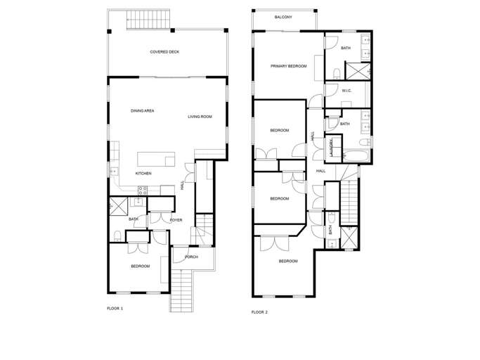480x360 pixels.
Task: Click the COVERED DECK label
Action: point(164,52)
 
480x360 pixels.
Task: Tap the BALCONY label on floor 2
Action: point(283,17)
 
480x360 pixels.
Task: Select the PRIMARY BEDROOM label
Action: point(288,66)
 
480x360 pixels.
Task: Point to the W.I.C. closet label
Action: point(346,91)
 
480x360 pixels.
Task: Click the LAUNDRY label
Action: point(331,148)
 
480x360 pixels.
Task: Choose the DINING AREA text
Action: point(143,111)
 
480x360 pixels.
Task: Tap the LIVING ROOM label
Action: point(200,117)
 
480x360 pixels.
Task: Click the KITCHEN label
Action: point(143,174)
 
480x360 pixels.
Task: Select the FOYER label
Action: point(176,220)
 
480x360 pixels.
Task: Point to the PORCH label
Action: point(191,257)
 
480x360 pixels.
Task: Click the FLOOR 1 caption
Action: point(115,309)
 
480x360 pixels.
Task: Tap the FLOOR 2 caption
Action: point(259,312)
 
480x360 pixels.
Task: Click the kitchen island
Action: point(156,160)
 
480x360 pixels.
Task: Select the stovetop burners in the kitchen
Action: point(143,191)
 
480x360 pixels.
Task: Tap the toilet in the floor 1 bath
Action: point(117,236)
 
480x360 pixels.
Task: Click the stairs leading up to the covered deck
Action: point(148,19)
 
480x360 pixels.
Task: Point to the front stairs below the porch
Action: point(182,290)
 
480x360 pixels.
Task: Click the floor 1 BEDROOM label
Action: point(140,266)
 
